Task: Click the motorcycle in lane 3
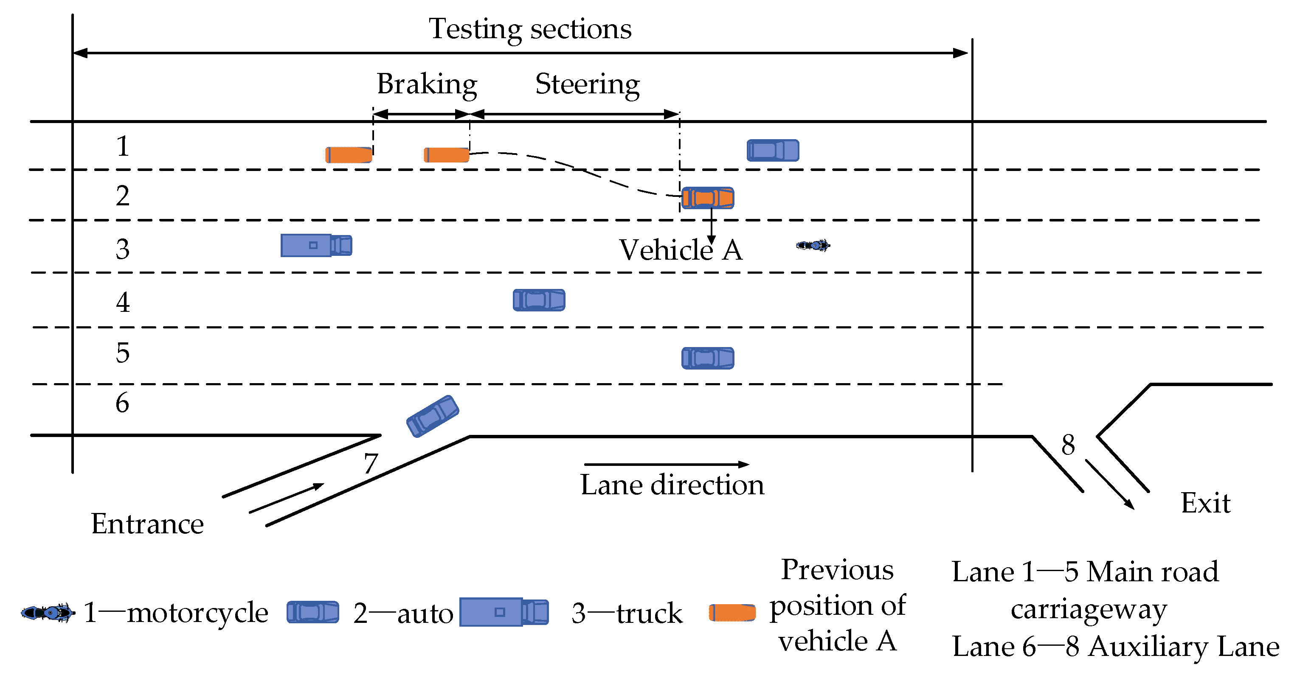[813, 246]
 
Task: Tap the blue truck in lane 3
[316, 246]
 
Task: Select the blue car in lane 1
[773, 151]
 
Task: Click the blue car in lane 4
[539, 300]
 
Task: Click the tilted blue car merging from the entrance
[433, 416]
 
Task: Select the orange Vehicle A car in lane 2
[707, 198]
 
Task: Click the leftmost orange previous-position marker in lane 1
[349, 155]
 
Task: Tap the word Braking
[427, 84]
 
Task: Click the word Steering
[587, 84]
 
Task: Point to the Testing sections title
[530, 29]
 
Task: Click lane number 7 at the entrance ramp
[371, 463]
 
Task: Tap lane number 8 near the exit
[1068, 445]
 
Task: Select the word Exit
[1205, 503]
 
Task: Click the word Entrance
[147, 524]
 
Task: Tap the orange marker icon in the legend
[732, 613]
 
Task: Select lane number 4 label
[122, 303]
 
